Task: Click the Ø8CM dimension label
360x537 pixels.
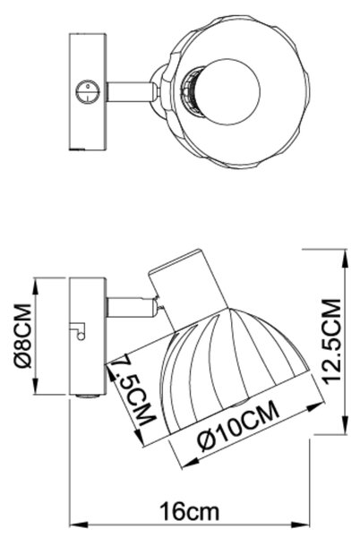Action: [23, 336]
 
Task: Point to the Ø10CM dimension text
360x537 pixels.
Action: [239, 425]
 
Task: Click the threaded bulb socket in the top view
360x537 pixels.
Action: [190, 90]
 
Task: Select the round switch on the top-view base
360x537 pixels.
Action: [88, 92]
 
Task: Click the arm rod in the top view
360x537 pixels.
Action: [129, 92]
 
